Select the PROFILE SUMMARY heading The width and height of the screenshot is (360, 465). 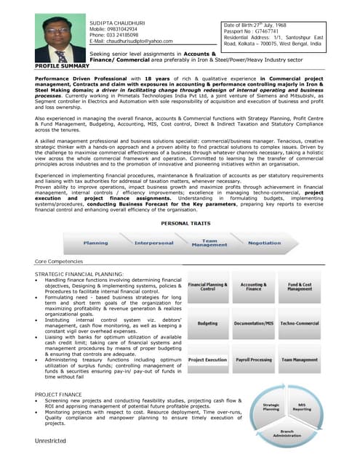(x=63, y=65)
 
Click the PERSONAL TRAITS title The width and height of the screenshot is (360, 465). (x=185, y=224)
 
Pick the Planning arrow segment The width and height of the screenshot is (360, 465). (x=96, y=243)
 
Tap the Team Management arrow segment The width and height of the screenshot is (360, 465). (x=209, y=243)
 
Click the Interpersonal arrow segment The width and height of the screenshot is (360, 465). (x=153, y=243)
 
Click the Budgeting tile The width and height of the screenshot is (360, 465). (x=207, y=323)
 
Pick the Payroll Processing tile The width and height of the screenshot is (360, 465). (x=253, y=360)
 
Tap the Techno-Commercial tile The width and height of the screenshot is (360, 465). (x=299, y=323)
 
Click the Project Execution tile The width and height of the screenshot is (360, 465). (x=207, y=360)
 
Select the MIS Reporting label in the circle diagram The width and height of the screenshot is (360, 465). (x=301, y=408)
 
